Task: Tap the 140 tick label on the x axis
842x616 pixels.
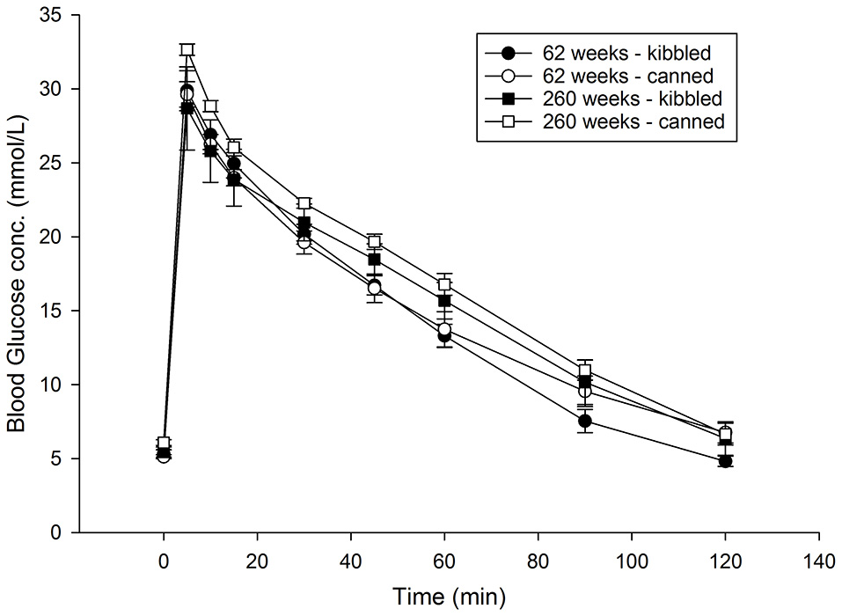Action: click(819, 559)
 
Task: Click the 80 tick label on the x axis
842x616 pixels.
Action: click(538, 559)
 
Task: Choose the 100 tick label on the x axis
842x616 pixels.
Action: click(632, 559)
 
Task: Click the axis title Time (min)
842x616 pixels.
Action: click(449, 595)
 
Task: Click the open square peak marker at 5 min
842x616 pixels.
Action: click(187, 50)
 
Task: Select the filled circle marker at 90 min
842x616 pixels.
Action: click(584, 422)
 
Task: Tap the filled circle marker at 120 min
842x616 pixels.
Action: click(725, 461)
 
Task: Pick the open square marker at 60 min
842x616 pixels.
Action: click(444, 285)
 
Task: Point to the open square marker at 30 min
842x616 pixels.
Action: click(304, 203)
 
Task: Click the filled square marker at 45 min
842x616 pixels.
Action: click(374, 260)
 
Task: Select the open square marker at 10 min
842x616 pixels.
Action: click(210, 106)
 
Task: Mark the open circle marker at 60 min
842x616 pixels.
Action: click(444, 329)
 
